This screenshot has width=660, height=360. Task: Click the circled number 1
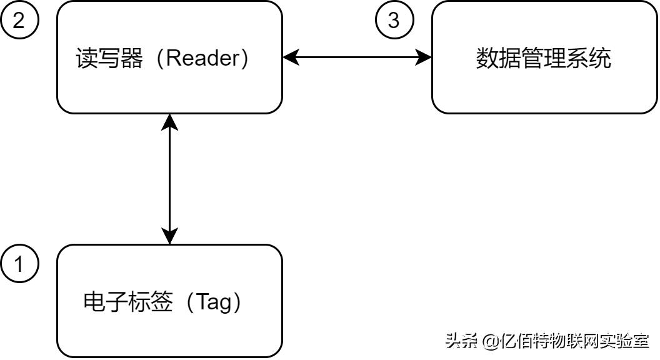(19, 264)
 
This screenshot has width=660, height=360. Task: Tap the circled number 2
(19, 20)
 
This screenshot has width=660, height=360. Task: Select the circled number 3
(394, 20)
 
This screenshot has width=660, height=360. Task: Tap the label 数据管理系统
(543, 58)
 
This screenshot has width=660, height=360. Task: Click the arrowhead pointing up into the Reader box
(169, 122)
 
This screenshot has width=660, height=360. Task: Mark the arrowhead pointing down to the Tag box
(169, 236)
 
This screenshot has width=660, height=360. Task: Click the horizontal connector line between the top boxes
(357, 57)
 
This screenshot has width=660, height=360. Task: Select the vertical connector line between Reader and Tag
(169, 179)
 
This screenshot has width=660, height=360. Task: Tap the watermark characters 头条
(462, 341)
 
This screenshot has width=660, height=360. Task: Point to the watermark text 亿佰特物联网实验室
(574, 341)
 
